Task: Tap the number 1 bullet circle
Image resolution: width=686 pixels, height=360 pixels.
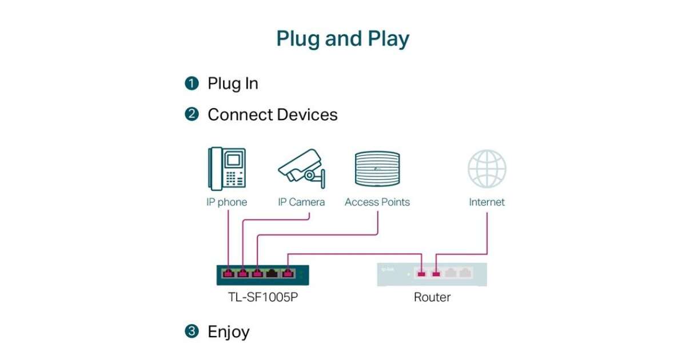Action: point(192,83)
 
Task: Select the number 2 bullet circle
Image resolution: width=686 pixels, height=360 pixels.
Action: point(192,114)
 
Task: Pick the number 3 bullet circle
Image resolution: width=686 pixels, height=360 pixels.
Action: point(192,331)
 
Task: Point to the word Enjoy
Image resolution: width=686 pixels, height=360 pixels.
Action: point(228,331)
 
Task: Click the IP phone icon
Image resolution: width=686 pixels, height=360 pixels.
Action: point(227,168)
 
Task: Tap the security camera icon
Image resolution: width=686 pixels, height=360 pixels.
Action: point(302,167)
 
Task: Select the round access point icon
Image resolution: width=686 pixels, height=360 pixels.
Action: point(377,168)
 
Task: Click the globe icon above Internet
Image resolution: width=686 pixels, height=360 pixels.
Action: point(487,169)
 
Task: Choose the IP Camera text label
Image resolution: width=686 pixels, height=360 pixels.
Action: point(301,202)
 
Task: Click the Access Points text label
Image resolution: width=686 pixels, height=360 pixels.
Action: point(377,202)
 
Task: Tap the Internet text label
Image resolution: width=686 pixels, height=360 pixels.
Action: point(487,202)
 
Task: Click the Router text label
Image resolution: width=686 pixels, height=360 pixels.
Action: point(432,297)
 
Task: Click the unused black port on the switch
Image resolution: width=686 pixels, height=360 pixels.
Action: point(273,274)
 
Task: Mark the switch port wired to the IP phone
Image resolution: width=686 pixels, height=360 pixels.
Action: point(228,274)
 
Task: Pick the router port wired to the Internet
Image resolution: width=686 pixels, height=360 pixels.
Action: point(437,274)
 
